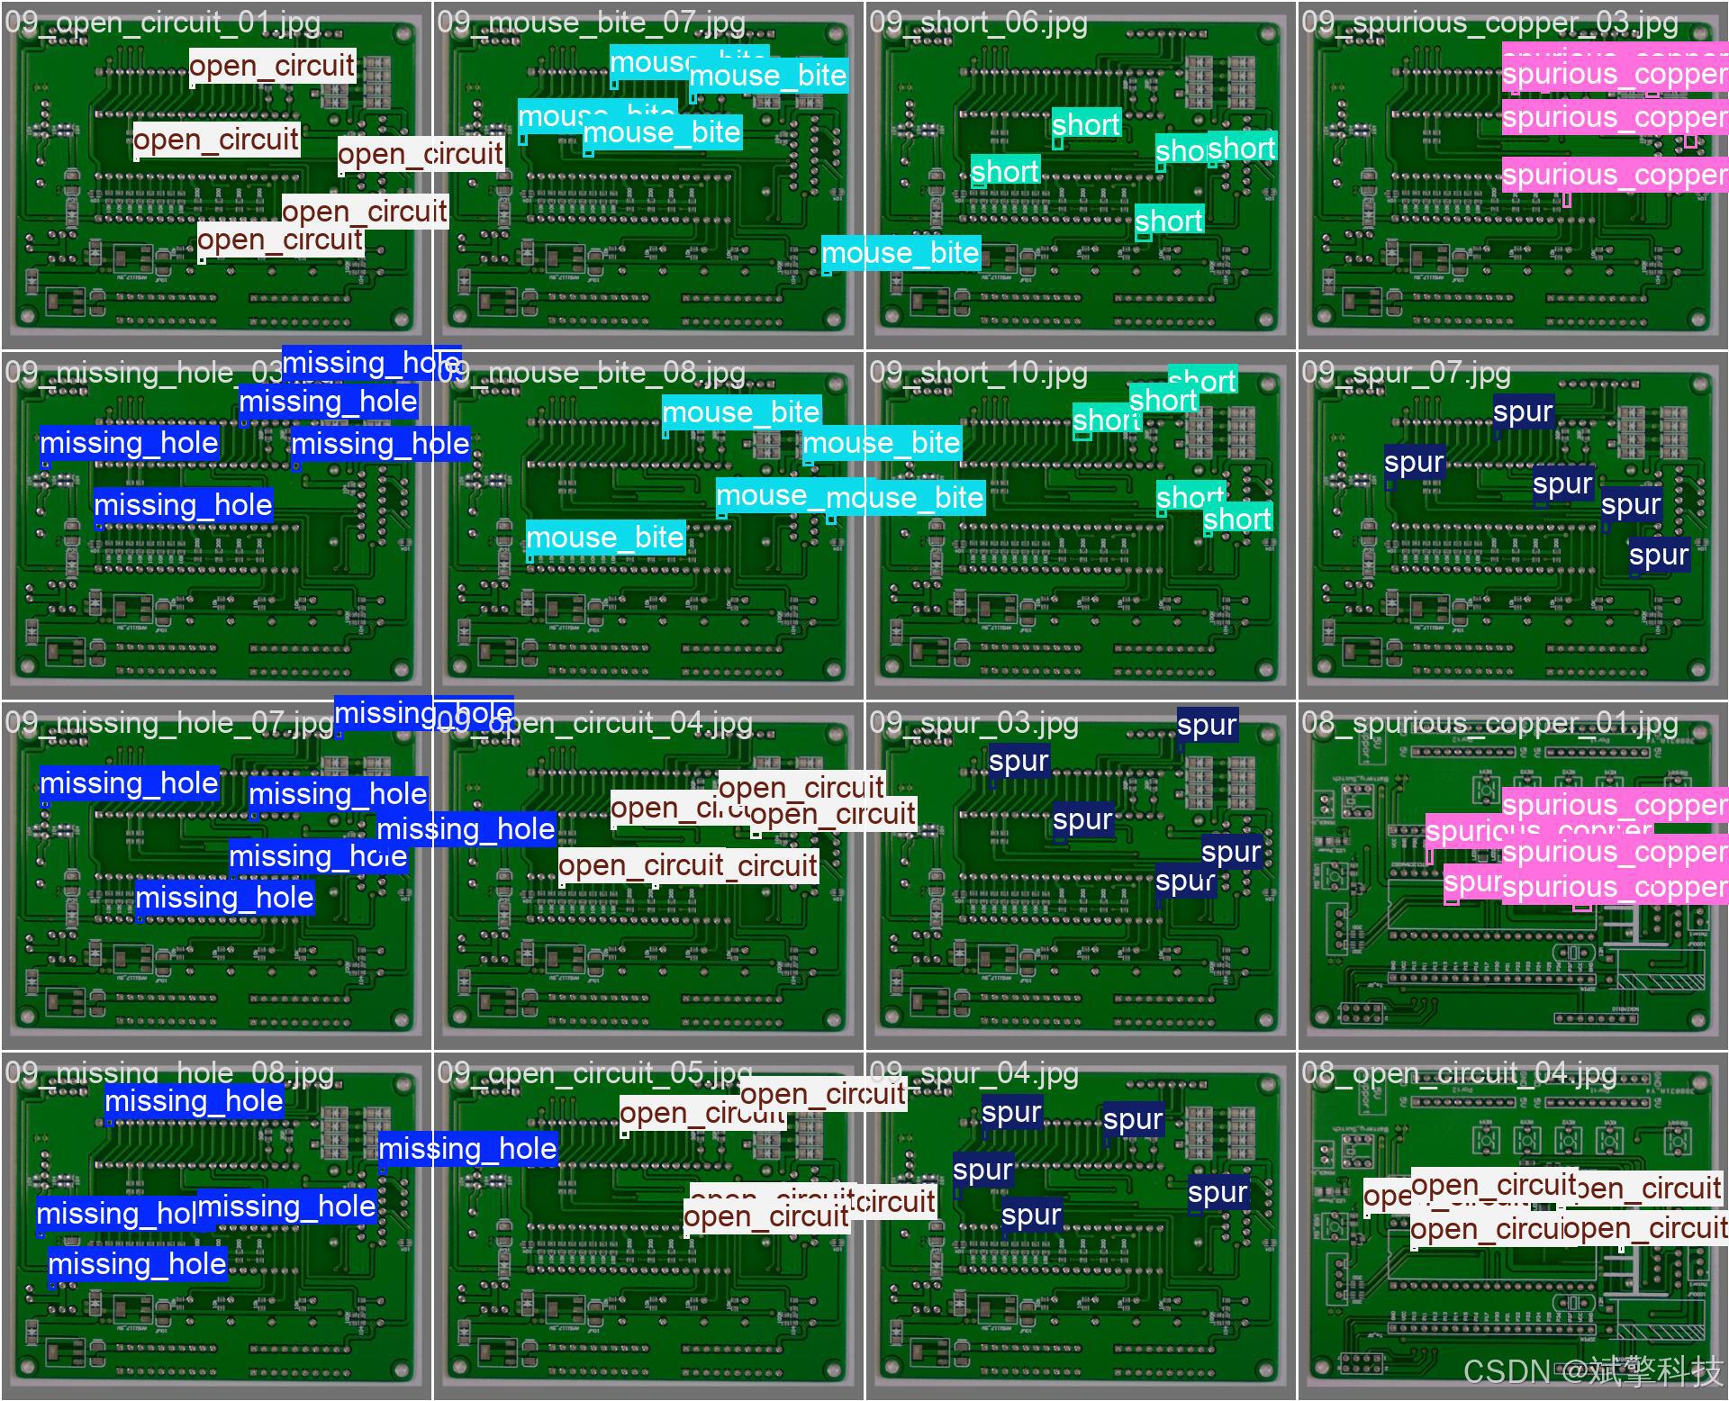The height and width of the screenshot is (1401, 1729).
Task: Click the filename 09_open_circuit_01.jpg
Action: (x=162, y=23)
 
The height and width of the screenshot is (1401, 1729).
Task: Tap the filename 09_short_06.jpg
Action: (x=978, y=23)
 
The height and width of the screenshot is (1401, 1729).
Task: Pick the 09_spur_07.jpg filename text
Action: (x=1406, y=373)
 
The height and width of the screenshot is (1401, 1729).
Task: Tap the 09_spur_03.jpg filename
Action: (x=973, y=723)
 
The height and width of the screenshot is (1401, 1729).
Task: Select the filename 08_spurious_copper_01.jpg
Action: (x=1489, y=723)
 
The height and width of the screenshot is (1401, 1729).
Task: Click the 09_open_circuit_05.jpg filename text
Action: (x=594, y=1073)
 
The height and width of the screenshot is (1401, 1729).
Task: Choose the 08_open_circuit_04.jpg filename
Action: (x=1459, y=1073)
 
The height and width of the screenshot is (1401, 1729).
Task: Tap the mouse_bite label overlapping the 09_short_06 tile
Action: (x=900, y=253)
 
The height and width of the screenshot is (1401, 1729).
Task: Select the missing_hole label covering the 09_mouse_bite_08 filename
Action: (x=371, y=363)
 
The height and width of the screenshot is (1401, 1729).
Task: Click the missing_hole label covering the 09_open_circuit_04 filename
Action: (x=423, y=713)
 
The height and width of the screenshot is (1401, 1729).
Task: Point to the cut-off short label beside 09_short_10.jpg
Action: (x=1202, y=380)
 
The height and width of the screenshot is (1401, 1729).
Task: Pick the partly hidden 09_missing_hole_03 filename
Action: (x=135, y=373)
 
